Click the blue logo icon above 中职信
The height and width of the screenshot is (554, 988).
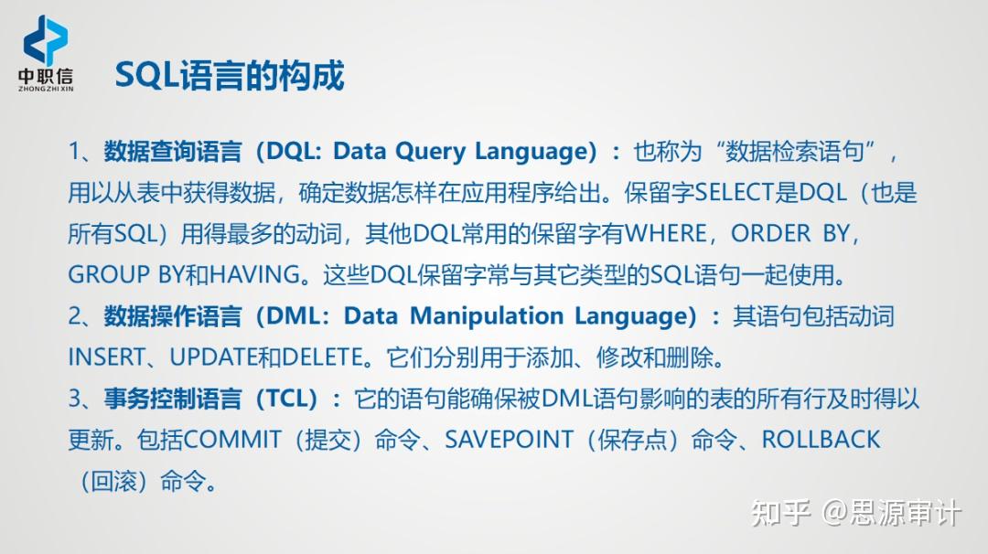point(46,40)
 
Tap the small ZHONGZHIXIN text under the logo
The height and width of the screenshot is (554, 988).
point(46,89)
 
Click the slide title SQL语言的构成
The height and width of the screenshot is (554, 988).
point(230,76)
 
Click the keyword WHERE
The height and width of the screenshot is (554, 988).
point(666,233)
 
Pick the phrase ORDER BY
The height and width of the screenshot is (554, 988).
point(790,233)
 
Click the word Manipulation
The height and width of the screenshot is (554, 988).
point(487,316)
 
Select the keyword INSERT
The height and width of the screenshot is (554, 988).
point(106,357)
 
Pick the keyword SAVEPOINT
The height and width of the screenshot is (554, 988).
point(510,440)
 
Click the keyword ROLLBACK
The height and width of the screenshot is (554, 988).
point(821,440)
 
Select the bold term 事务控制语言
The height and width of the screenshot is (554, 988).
point(173,400)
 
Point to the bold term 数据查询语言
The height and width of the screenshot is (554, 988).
point(173,152)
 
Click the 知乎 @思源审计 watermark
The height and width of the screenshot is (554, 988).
point(855,513)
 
